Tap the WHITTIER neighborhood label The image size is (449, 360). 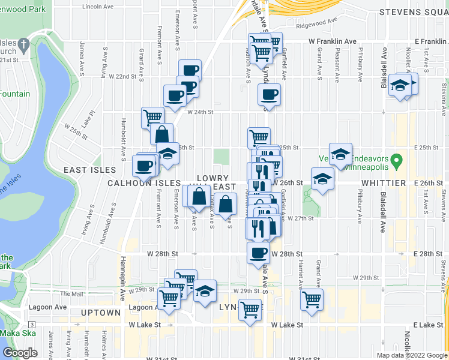pyautogui.click(x=384, y=182)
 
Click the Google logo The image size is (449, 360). pyautogui.click(x=20, y=353)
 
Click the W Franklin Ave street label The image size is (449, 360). pyautogui.click(x=333, y=41)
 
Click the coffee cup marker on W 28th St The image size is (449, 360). pyautogui.click(x=258, y=253)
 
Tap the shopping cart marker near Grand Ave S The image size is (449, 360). pyautogui.click(x=312, y=299)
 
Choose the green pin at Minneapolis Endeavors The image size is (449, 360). pyautogui.click(x=396, y=161)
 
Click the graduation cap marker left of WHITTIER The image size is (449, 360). pyautogui.click(x=322, y=179)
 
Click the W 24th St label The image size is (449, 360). pyautogui.click(x=200, y=112)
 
